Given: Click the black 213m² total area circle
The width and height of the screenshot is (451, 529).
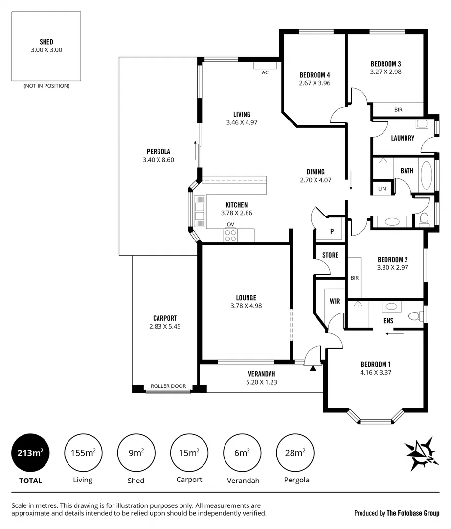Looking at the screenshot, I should pyautogui.click(x=30, y=453).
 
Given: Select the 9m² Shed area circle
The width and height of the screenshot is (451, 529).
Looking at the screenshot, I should pyautogui.click(x=135, y=453).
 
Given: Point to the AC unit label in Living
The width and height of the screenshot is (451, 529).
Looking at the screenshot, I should pyautogui.click(x=265, y=72).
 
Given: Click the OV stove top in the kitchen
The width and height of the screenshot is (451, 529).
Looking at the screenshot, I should pyautogui.click(x=230, y=235).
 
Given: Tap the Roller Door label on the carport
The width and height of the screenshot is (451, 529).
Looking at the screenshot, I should pyautogui.click(x=168, y=386).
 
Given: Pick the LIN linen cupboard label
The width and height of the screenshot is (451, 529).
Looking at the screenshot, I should pyautogui.click(x=382, y=188).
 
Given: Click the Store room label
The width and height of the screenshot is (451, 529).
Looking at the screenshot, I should pyautogui.click(x=330, y=255).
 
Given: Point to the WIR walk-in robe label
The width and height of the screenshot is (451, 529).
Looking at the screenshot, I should pyautogui.click(x=335, y=301).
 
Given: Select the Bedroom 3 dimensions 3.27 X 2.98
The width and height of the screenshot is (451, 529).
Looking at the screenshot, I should pyautogui.click(x=385, y=72).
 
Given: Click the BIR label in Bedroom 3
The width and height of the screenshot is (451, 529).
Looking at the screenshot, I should pyautogui.click(x=398, y=110).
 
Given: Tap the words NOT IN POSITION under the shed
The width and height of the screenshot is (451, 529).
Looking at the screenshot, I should pyautogui.click(x=46, y=86).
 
